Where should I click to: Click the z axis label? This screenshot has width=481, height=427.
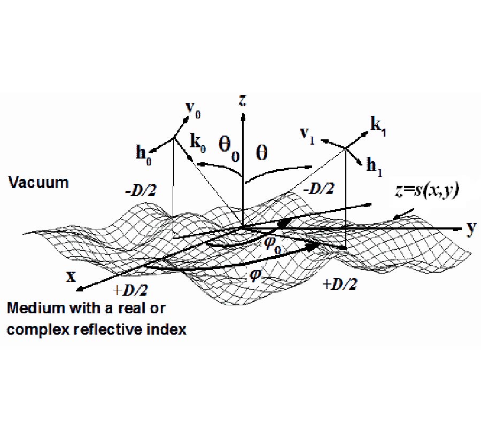tap(242, 100)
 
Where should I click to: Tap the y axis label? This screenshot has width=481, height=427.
tap(471, 228)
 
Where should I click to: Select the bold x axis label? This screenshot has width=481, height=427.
tap(71, 276)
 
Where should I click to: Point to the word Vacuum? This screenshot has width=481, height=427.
tap(38, 183)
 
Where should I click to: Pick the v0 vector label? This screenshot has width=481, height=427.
tap(193, 109)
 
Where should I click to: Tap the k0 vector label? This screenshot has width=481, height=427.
tap(198, 144)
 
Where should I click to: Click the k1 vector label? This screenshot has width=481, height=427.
tap(378, 126)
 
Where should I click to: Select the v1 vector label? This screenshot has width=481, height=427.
tap(307, 136)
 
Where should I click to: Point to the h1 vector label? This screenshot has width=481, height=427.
tap(375, 167)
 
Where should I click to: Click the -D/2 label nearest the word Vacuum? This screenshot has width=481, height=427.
tap(141, 191)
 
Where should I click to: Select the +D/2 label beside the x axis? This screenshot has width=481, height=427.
tap(130, 290)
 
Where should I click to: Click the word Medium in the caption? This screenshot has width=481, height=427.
tap(37, 308)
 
